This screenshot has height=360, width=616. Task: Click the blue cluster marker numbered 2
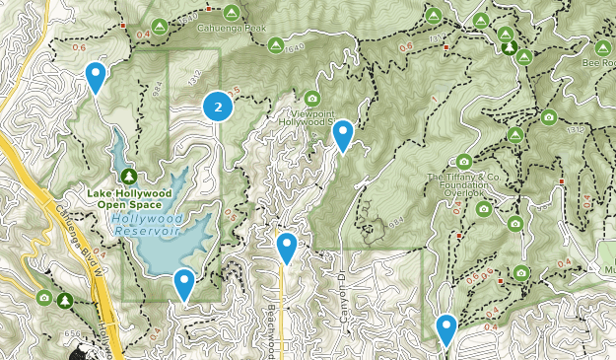218,107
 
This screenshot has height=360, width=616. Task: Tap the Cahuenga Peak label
232,28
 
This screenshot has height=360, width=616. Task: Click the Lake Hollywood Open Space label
129,199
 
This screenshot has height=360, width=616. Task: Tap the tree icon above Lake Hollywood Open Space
129,176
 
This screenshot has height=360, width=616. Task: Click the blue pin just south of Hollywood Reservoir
184,284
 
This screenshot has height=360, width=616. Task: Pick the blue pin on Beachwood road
287,247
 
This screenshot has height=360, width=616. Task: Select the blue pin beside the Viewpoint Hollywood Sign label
343,134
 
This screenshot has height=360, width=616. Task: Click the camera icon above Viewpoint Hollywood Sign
312,98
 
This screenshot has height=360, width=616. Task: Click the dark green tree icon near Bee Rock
510,46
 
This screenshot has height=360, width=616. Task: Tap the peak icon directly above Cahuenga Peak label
232,12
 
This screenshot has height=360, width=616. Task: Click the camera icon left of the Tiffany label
464,161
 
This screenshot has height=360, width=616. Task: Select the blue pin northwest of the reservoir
96,76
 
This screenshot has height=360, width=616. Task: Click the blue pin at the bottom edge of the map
446,328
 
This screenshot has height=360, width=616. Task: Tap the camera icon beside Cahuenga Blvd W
43,297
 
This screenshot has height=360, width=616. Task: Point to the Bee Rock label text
597,62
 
